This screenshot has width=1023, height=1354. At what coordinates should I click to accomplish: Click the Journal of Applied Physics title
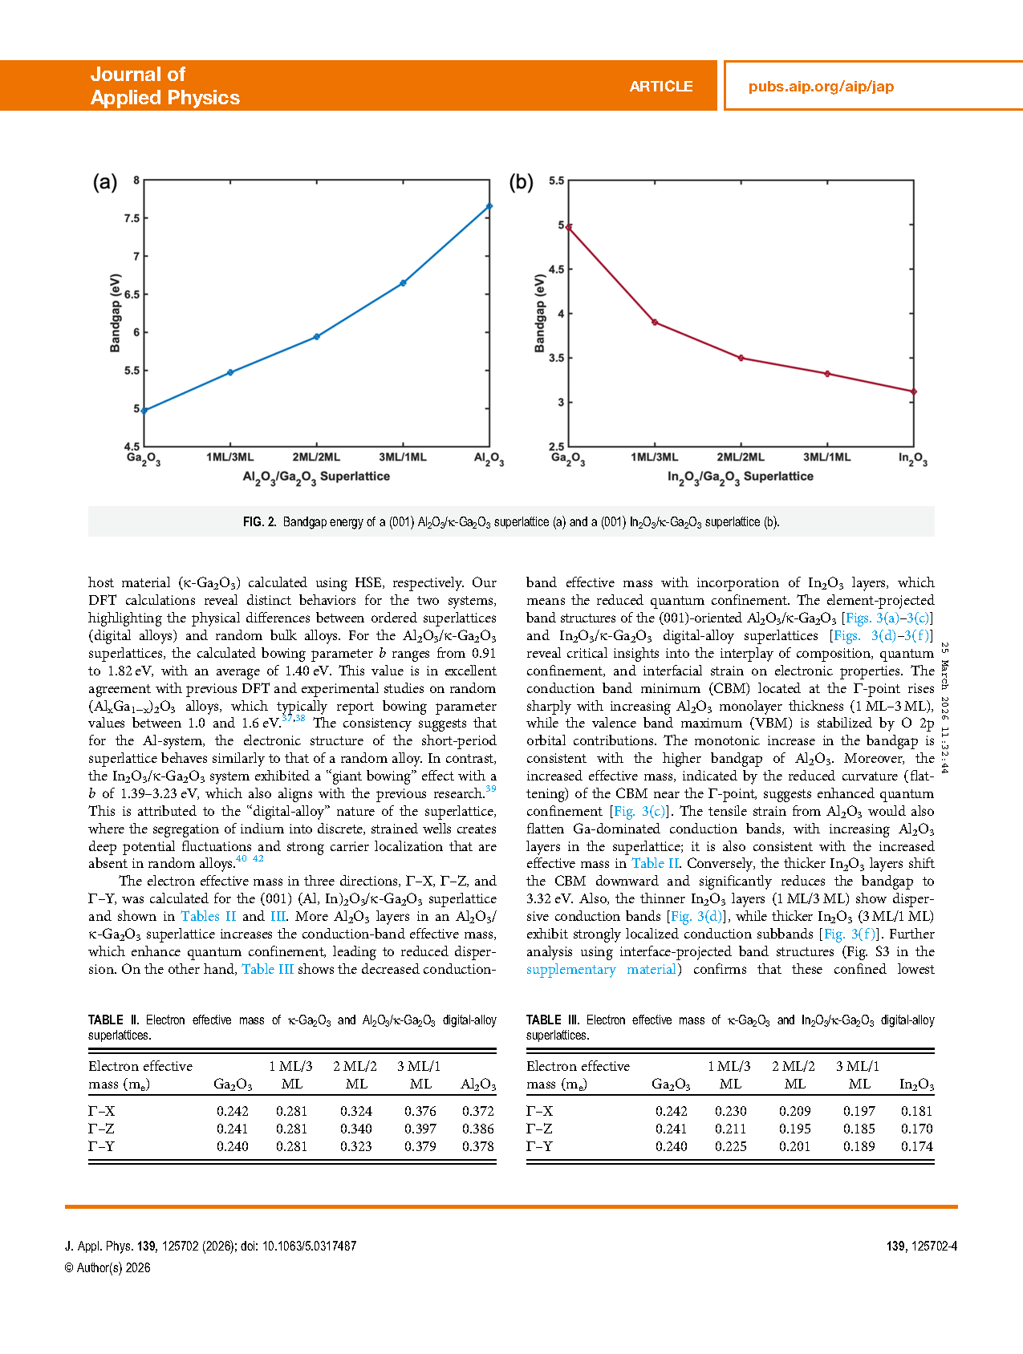pyautogui.click(x=164, y=86)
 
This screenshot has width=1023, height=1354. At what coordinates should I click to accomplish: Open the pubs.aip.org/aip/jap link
pyautogui.click(x=821, y=87)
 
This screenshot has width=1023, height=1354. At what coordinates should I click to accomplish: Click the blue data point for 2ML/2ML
pyautogui.click(x=317, y=337)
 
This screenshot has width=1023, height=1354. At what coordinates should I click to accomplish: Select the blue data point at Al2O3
pyautogui.click(x=489, y=206)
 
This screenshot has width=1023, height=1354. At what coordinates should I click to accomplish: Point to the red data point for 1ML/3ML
pyautogui.click(x=655, y=322)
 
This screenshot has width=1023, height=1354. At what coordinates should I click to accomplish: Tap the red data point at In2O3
pyautogui.click(x=913, y=391)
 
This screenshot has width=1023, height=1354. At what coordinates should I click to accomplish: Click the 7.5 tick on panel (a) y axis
pyautogui.click(x=132, y=218)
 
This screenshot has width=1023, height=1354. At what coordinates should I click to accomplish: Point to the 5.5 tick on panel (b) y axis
pyautogui.click(x=556, y=181)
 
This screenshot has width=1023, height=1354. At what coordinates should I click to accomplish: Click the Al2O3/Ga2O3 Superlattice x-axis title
pyautogui.click(x=316, y=476)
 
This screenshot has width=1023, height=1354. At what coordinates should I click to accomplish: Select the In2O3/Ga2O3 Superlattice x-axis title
pyautogui.click(x=740, y=476)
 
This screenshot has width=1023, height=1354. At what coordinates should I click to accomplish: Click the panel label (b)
pyautogui.click(x=522, y=183)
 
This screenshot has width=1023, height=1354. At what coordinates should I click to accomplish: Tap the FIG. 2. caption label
pyautogui.click(x=259, y=522)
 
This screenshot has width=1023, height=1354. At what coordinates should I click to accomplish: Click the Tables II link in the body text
pyautogui.click(x=209, y=916)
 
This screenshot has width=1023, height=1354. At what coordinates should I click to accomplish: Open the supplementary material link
pyautogui.click(x=602, y=969)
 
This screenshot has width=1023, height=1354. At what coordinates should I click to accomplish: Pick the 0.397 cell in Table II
pyautogui.click(x=420, y=1129)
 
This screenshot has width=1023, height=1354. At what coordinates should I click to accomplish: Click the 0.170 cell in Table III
pyautogui.click(x=916, y=1129)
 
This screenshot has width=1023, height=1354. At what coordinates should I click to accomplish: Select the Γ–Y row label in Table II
pyautogui.click(x=101, y=1146)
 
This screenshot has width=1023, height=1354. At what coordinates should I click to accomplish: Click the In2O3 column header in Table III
pyautogui.click(x=916, y=1084)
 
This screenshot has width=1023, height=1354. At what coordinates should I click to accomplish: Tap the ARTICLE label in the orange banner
pyautogui.click(x=660, y=87)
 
